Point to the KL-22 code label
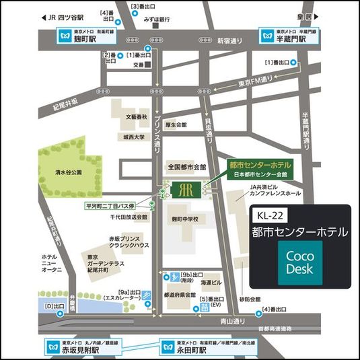click(271, 217)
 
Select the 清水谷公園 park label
click(68, 172)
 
